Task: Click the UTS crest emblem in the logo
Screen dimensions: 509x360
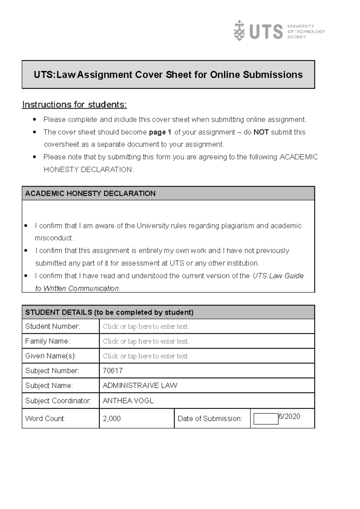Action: pos(239,31)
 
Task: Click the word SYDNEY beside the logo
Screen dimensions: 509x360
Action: pos(296,37)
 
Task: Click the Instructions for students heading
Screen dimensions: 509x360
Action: pos(74,105)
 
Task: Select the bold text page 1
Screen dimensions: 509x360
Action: pos(160,132)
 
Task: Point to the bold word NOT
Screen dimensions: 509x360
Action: pos(261,132)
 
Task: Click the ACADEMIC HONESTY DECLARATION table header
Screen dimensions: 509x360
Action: pos(90,193)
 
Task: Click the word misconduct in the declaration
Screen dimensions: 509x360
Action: pos(54,238)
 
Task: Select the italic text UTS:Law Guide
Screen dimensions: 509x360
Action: pos(278,276)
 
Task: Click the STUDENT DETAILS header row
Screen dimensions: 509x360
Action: pos(109,312)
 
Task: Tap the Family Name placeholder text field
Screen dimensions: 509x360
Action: pos(146,341)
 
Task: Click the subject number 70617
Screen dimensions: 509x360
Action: pos(112,371)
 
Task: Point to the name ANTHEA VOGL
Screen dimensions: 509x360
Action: pos(128,401)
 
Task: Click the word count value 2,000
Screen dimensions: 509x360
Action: pos(112,418)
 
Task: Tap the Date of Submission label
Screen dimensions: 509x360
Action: pos(210,418)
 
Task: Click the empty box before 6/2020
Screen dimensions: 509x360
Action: pos(266,419)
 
